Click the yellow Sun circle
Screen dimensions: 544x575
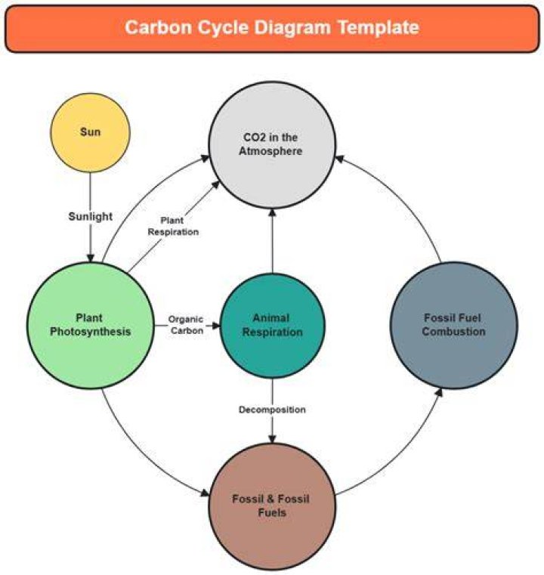click(x=90, y=132)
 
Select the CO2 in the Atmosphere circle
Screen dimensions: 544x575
click(x=272, y=145)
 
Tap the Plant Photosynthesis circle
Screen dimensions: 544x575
click(x=91, y=325)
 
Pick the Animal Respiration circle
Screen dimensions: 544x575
click(x=272, y=326)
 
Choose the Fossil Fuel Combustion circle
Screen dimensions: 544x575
click(x=454, y=325)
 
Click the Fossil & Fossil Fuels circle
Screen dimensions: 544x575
click(x=272, y=506)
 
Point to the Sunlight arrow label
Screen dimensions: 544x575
click(x=91, y=216)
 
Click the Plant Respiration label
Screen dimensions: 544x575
click(x=173, y=226)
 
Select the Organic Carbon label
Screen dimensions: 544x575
click(x=186, y=325)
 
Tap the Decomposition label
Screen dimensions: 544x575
click(x=272, y=410)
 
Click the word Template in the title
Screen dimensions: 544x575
click(x=379, y=27)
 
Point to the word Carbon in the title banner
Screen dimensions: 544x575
click(x=158, y=27)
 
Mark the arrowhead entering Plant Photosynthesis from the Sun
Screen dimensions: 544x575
click(x=90, y=258)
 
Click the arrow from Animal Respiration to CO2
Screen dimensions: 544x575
click(x=272, y=241)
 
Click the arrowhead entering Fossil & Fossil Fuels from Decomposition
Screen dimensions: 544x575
click(x=272, y=438)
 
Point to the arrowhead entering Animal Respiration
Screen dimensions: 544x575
click(x=215, y=325)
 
